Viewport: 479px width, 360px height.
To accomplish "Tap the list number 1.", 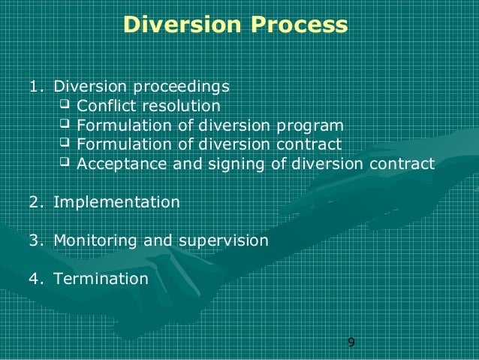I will click(33, 86).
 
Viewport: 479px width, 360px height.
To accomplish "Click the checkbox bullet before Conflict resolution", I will click(64, 104).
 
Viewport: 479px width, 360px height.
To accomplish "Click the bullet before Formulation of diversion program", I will click(64, 124).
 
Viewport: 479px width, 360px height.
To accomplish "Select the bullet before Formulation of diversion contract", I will click(64, 143).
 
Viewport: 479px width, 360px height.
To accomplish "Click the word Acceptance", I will click(115, 163).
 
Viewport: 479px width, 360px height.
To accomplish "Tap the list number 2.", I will click(34, 201).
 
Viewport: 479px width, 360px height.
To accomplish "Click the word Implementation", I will click(116, 202).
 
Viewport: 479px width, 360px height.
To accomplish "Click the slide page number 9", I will click(351, 343).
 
